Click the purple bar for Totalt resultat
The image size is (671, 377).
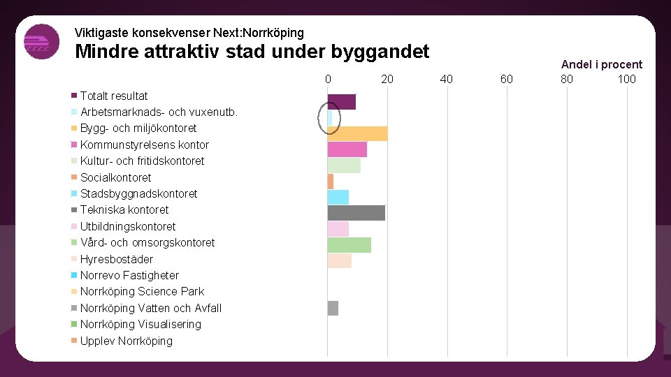(x=342, y=102)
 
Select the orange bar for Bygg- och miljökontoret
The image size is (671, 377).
(x=357, y=134)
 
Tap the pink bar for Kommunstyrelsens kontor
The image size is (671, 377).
(x=347, y=149)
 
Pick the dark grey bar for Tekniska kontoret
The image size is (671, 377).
(x=356, y=213)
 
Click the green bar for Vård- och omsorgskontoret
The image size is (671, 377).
(x=349, y=245)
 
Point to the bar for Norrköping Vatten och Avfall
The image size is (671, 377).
(x=333, y=308)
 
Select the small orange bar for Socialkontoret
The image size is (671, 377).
(x=331, y=182)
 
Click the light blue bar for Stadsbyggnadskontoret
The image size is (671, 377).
(x=338, y=198)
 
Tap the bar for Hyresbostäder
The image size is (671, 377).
(x=340, y=260)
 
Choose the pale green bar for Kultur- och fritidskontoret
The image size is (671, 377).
(x=344, y=165)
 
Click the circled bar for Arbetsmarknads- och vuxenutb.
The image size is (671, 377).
(x=330, y=118)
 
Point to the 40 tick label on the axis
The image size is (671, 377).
(x=446, y=79)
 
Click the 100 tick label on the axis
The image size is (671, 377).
(x=626, y=79)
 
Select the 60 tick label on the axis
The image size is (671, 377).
(x=506, y=79)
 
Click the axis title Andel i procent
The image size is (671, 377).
(x=601, y=64)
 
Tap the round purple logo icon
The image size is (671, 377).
(x=41, y=42)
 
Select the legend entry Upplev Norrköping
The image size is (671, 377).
(x=126, y=341)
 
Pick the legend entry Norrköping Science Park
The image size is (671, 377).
(x=142, y=291)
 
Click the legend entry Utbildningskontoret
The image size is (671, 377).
(x=128, y=226)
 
